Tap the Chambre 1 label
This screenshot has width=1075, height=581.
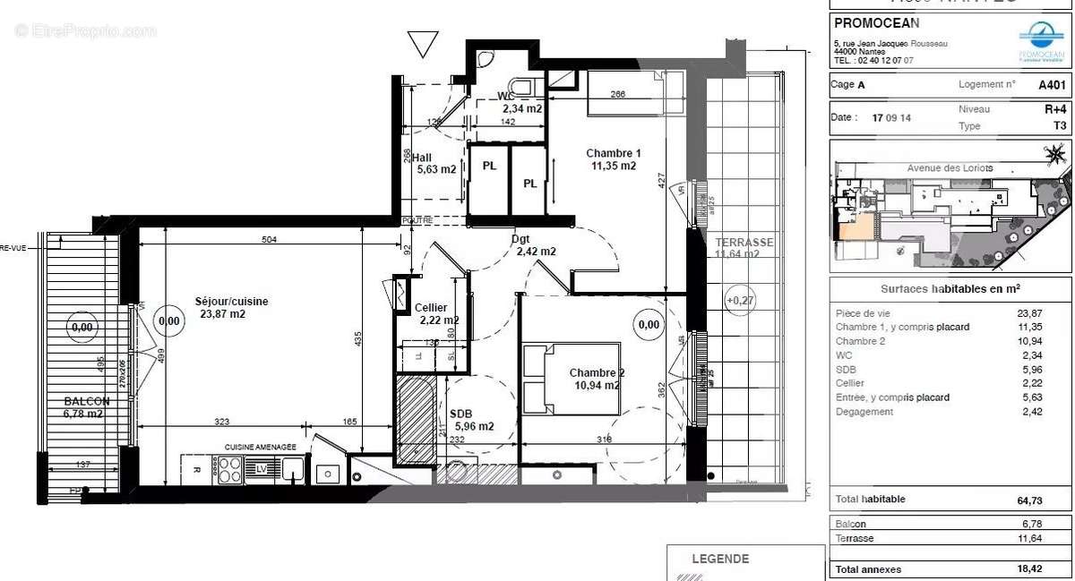tap(613, 152)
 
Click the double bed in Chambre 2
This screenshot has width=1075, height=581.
tap(571, 379)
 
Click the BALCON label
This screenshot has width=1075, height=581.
tap(86, 402)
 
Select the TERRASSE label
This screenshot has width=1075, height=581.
tap(744, 243)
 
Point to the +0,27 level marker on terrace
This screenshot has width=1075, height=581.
tap(741, 300)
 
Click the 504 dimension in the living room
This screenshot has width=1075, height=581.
tap(269, 240)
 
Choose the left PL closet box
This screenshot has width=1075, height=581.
tap(489, 167)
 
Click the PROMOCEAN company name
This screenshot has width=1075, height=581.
tap(876, 23)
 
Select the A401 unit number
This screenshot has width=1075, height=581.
tap(1052, 85)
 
